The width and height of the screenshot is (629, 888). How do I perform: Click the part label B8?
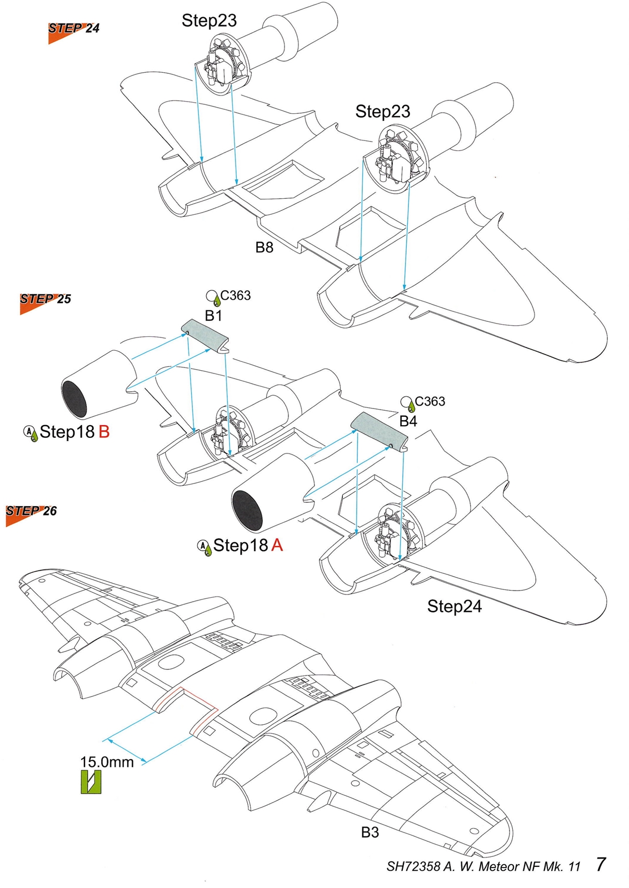(264, 248)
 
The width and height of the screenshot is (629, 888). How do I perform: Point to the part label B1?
(213, 316)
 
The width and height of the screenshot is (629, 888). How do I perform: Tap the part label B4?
(408, 422)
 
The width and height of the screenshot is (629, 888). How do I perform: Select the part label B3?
(370, 833)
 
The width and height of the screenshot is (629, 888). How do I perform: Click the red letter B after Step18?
(104, 432)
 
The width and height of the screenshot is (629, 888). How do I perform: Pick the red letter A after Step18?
(277, 546)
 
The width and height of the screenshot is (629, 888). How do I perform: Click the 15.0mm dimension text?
(107, 762)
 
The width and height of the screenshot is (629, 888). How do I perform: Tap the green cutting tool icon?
(91, 782)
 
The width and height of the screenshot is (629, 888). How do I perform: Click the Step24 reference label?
(454, 607)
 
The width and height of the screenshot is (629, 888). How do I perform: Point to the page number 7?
(600, 865)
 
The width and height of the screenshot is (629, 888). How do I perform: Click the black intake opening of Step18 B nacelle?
(74, 399)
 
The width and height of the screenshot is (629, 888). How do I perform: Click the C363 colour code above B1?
(235, 296)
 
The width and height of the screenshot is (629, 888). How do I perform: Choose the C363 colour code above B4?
(430, 401)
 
